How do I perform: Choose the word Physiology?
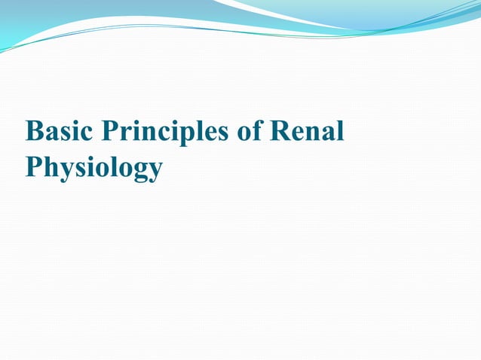pos(93,167)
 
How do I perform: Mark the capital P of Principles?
pos(110,131)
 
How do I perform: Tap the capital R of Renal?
pos(280,131)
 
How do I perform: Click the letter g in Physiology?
pos(136,170)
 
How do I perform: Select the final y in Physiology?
pos(154,170)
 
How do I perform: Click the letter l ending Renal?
pos(341,130)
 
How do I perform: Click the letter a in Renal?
pos(329,133)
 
